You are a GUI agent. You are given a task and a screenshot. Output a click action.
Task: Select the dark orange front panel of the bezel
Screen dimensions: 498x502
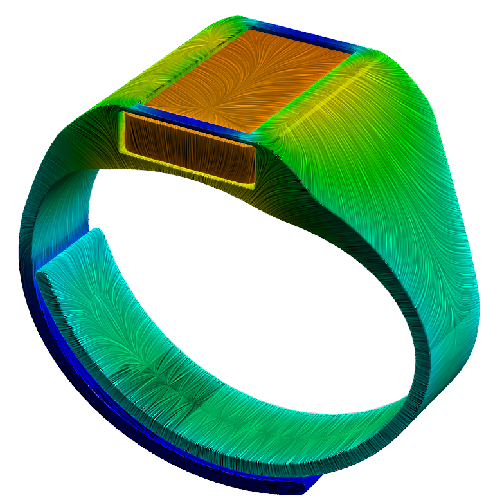[190, 147]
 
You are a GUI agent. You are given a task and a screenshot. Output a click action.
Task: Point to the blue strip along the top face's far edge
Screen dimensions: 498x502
[302, 38]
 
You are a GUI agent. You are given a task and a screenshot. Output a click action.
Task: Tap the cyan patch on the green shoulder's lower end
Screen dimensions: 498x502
[450, 341]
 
